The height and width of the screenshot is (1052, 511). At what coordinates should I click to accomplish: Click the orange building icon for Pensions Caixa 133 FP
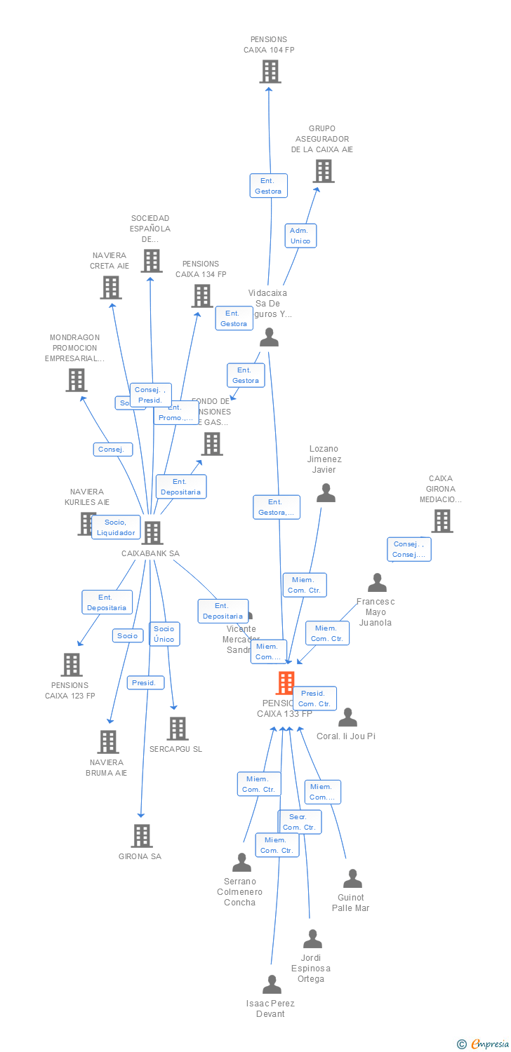(x=286, y=682)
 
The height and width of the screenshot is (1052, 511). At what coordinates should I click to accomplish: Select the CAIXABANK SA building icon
(x=152, y=533)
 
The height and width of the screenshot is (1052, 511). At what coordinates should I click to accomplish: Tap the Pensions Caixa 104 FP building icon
(x=270, y=72)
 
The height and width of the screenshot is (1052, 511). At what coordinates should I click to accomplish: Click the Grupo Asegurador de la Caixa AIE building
(x=323, y=171)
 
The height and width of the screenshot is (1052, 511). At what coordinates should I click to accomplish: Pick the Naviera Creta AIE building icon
(x=110, y=288)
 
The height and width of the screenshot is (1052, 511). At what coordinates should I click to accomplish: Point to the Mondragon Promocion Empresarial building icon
(x=76, y=380)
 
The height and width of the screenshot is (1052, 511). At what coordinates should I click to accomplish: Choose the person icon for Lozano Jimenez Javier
(x=326, y=493)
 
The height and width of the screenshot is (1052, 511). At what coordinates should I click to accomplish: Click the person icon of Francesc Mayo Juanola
(x=377, y=583)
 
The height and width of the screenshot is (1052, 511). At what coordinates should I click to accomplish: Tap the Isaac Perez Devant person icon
(x=272, y=985)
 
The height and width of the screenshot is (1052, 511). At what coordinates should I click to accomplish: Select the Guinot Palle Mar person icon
(x=352, y=879)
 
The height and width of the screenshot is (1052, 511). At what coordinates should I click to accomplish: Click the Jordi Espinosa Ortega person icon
(x=312, y=939)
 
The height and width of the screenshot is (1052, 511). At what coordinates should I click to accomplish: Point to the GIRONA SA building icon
(x=142, y=836)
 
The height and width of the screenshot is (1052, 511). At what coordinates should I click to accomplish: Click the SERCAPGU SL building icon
(x=178, y=729)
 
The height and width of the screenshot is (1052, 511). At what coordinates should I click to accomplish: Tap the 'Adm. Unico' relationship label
(x=300, y=236)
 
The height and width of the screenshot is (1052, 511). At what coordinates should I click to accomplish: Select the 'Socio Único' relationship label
(x=164, y=634)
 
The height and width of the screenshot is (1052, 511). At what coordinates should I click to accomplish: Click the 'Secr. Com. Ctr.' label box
(x=300, y=822)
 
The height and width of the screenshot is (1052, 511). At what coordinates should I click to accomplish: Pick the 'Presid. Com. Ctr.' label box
(x=315, y=699)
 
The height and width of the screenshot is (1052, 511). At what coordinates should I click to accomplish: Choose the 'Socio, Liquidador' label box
(x=116, y=527)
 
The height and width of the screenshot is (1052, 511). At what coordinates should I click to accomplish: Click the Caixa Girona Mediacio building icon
(x=442, y=521)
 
